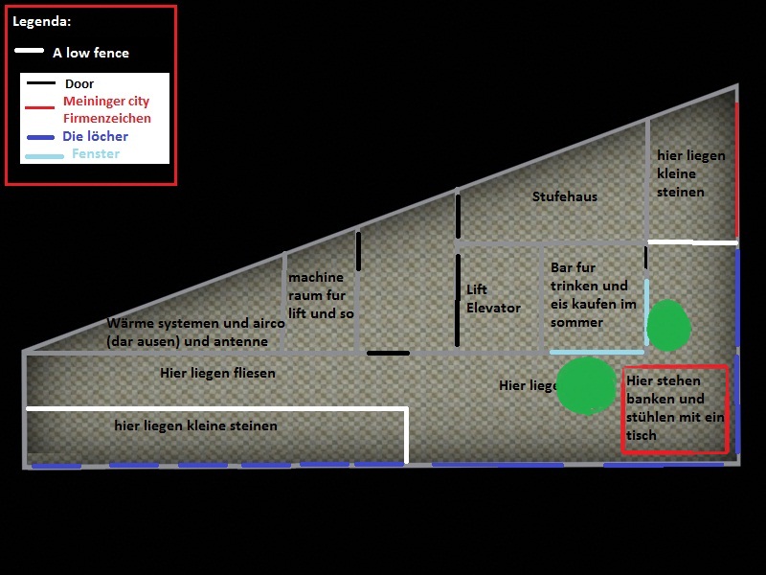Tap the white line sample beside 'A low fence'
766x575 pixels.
coord(29,51)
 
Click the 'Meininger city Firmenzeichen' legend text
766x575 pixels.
coord(106,109)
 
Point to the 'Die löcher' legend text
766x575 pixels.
coord(95,136)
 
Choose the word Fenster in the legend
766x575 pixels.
coord(96,153)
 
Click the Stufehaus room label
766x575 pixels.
coord(564,196)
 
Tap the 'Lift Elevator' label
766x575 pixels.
coord(493,298)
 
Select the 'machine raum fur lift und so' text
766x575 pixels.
coord(321,295)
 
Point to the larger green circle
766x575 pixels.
coord(586,385)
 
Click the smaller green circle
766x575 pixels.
coord(668,326)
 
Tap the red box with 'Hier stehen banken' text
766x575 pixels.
coord(675,409)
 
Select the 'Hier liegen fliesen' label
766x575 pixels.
coord(217,373)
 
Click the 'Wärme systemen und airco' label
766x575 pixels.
coord(195,332)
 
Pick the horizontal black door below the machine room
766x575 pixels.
coord(388,353)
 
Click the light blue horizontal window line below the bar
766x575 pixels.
coord(597,352)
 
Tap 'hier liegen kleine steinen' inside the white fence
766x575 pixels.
coord(195,425)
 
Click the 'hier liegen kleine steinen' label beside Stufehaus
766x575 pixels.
coord(690,173)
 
